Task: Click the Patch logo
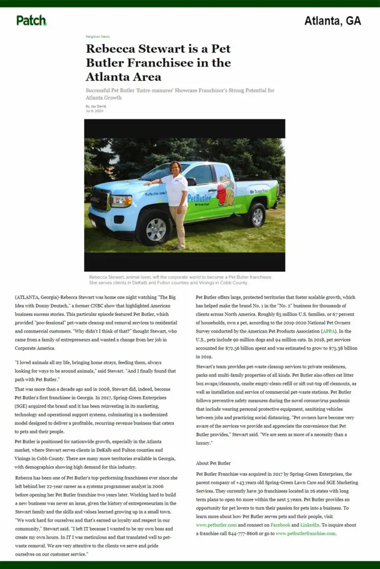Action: click(x=31, y=20)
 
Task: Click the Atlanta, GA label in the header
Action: click(x=332, y=21)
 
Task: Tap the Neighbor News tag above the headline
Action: click(x=97, y=37)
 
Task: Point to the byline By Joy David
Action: click(x=96, y=106)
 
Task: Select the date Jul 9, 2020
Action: click(x=94, y=111)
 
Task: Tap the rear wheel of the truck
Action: click(x=256, y=215)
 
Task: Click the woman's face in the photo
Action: click(x=174, y=168)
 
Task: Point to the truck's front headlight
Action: click(x=122, y=201)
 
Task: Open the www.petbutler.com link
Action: click(x=216, y=525)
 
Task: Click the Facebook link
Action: click(x=280, y=525)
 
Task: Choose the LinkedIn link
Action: click(x=309, y=525)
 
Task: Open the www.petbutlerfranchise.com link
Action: click(x=305, y=533)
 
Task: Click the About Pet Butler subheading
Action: click(x=213, y=463)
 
